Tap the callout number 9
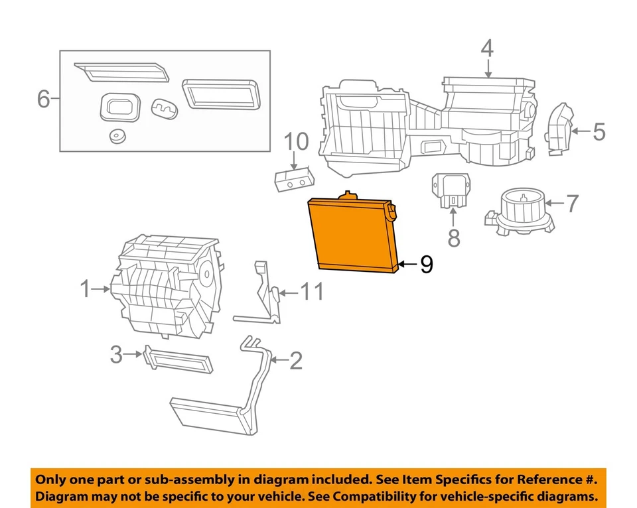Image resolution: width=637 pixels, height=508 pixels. pyautogui.click(x=426, y=265)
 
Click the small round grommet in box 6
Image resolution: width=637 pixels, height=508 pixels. pyautogui.click(x=119, y=136)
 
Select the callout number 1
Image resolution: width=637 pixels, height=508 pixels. pyautogui.click(x=85, y=288)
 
